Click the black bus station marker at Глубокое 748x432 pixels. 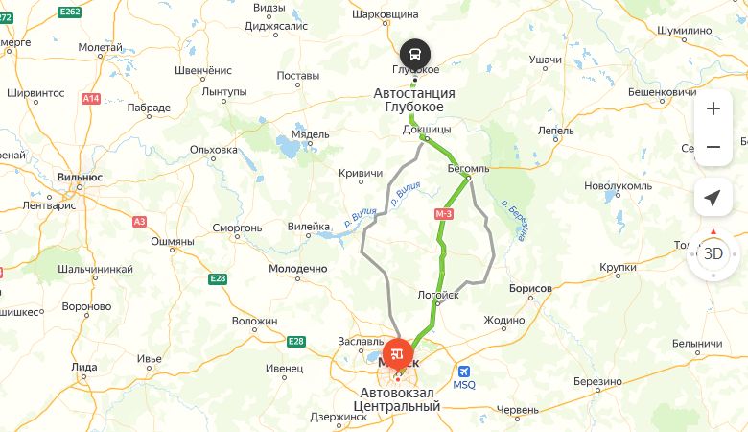pyautogui.click(x=415, y=53)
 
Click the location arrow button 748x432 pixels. pyautogui.click(x=713, y=198)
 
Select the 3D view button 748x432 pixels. pyautogui.click(x=713, y=254)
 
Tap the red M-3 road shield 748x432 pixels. pyautogui.click(x=444, y=213)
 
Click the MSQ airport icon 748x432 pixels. pyautogui.click(x=464, y=372)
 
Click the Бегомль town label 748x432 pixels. pyautogui.click(x=468, y=168)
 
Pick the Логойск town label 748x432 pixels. pyautogui.click(x=439, y=296)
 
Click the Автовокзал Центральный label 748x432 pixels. pyautogui.click(x=401, y=399)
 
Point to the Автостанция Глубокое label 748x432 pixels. pyautogui.click(x=413, y=100)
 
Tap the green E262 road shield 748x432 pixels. pyautogui.click(x=68, y=11)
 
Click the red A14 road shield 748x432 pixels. pyautogui.click(x=91, y=98)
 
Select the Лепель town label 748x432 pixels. pyautogui.click(x=556, y=131)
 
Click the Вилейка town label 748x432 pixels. pyautogui.click(x=309, y=228)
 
